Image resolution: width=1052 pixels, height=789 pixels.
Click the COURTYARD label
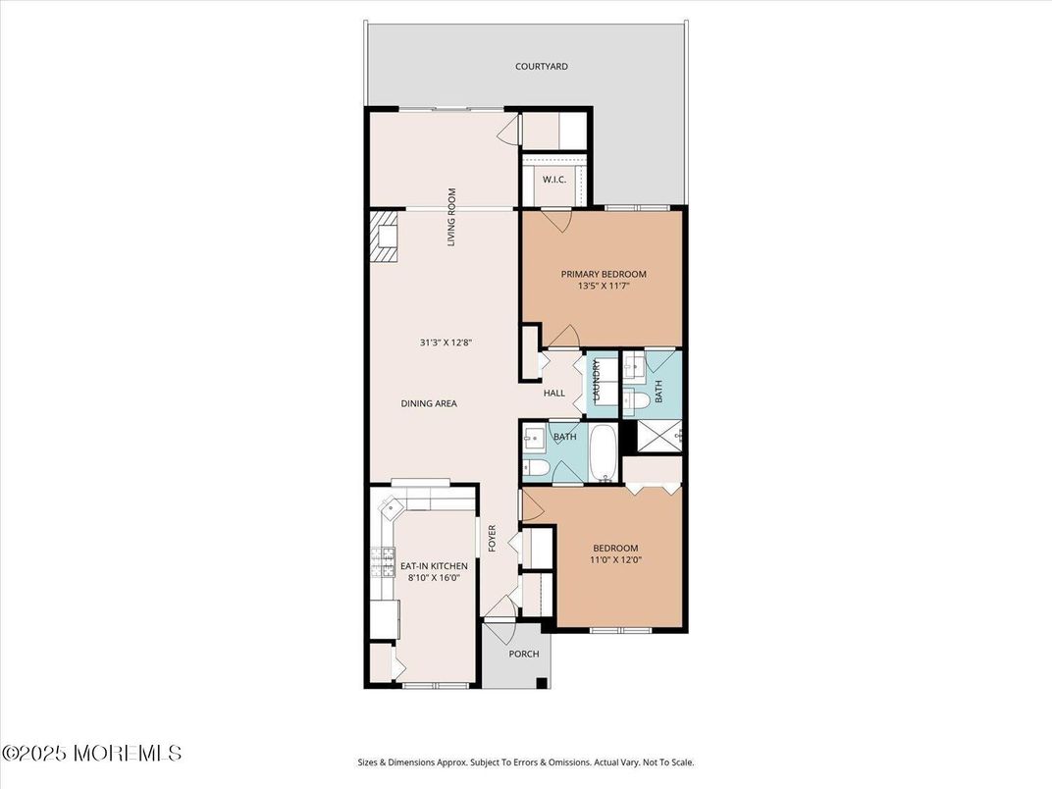542,67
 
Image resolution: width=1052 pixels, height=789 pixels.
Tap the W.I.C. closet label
554,180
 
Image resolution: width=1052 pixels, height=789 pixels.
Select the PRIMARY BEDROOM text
604,274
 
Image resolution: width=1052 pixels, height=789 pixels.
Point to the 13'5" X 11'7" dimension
604,286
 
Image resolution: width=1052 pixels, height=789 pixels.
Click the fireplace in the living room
385,237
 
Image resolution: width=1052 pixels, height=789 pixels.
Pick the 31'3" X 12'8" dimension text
447,342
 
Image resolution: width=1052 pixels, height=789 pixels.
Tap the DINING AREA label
429,403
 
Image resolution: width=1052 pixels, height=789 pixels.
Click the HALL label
554,394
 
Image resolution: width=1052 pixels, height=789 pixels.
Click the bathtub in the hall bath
605,452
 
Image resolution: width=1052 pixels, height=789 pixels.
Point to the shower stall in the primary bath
658,436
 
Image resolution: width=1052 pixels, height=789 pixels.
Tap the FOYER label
492,538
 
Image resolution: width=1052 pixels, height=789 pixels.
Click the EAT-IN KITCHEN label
434,566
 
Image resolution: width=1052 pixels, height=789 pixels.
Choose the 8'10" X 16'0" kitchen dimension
434,578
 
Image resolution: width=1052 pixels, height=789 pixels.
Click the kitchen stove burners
383,562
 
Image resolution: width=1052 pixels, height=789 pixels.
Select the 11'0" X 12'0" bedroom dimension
616,559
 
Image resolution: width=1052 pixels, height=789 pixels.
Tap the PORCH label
524,654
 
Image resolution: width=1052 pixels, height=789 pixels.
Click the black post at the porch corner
542,683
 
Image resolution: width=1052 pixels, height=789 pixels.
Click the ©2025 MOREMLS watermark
92,753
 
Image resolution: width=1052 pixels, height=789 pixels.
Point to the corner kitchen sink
391,508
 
